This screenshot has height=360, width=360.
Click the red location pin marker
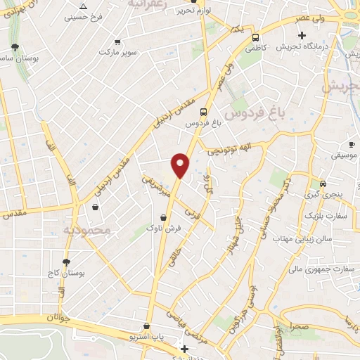click(x=181, y=165)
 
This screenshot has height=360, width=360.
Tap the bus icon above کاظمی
click(x=255, y=37)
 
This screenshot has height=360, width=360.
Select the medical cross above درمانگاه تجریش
click(x=302, y=35)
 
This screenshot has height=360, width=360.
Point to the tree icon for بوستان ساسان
click(x=15, y=46)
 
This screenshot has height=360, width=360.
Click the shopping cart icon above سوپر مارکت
click(x=116, y=41)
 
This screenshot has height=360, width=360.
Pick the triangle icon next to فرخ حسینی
click(x=84, y=6)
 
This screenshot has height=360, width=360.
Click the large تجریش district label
click(x=340, y=87)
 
